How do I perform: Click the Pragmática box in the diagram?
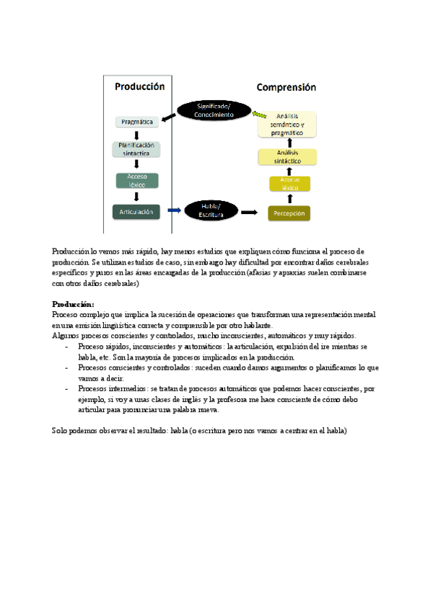[x=136, y=122]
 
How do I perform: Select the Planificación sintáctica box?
[x=136, y=149]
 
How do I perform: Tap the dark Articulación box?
[x=136, y=211]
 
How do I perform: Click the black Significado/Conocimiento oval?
[x=214, y=110]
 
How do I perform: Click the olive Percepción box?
[x=289, y=213]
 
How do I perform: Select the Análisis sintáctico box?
[x=288, y=158]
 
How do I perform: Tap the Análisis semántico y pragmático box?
[x=288, y=125]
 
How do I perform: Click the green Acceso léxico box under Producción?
[x=136, y=180]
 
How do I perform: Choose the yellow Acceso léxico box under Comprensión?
[x=289, y=184]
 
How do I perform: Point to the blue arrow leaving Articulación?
[x=174, y=210]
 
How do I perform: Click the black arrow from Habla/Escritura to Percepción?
[x=249, y=213]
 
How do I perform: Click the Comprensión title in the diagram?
[x=287, y=87]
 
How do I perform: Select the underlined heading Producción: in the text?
[x=72, y=304]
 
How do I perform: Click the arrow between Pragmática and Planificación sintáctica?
[x=136, y=135]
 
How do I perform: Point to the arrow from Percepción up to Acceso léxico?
[x=289, y=199]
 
